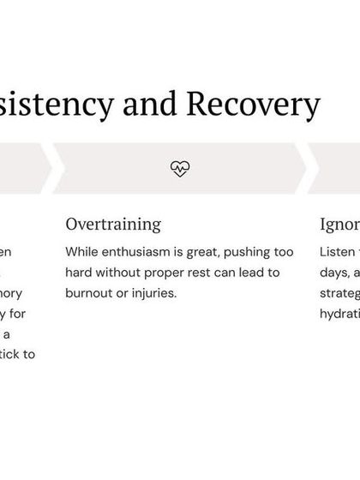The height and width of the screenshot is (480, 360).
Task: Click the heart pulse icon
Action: (179, 168)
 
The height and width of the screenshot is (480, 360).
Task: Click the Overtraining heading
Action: (113, 225)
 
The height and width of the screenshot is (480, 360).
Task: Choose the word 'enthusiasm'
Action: (139, 253)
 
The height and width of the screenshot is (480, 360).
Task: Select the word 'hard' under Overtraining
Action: (80, 273)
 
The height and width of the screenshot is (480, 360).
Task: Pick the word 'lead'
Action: (258, 273)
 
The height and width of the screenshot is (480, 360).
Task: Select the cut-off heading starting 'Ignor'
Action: (339, 225)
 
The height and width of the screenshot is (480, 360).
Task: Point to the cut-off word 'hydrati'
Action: (339, 313)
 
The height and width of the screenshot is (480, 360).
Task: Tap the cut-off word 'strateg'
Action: (339, 293)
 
